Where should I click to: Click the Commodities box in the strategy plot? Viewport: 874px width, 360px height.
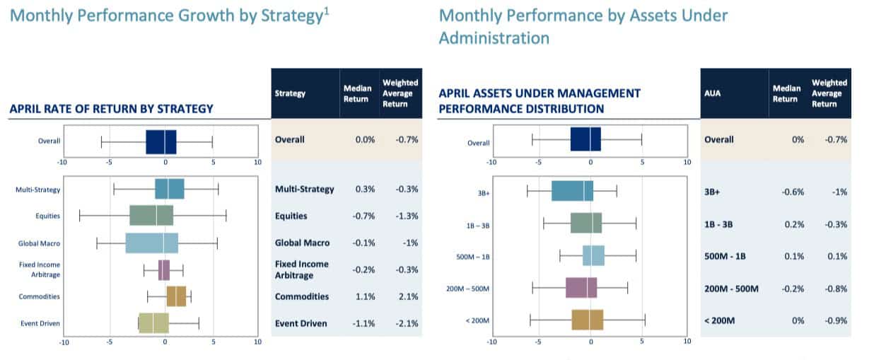176,296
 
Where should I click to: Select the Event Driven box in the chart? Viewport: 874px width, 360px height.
153,323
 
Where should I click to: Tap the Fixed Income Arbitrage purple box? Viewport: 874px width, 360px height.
164,270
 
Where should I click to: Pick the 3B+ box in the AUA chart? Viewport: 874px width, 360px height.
572,191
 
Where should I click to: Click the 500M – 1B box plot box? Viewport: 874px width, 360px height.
593,255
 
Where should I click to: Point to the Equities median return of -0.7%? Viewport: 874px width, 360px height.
363,216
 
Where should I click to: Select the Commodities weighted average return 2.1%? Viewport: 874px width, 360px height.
408,296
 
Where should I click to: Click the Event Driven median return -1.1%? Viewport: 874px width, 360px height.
363,323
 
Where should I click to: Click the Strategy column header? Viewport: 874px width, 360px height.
291,93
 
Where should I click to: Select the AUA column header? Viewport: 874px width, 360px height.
714,93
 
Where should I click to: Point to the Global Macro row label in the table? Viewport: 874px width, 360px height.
302,243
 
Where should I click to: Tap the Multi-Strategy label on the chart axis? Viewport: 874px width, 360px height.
37,190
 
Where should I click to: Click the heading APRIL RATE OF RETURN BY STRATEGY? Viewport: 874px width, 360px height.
111,109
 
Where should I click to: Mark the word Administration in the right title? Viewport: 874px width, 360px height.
494,37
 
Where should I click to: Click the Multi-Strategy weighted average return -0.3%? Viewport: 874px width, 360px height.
408,189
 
